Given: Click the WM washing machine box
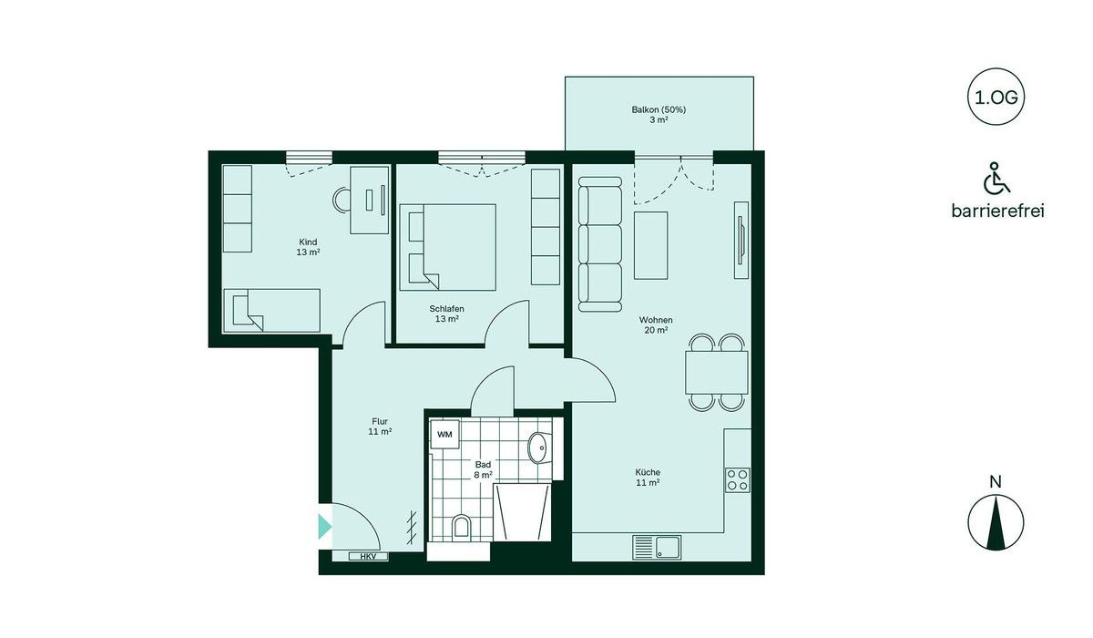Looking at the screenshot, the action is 444,434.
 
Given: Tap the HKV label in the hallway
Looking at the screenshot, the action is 368,557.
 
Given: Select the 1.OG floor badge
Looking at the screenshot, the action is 996,98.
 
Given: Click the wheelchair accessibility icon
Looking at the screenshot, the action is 996,178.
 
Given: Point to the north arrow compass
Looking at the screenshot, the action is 996,522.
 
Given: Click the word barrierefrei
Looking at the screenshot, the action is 998,211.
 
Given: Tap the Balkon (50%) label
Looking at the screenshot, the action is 659,110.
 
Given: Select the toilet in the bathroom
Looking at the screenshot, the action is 461,527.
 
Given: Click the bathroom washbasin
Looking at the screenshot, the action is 538,448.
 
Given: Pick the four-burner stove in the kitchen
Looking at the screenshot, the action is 737,479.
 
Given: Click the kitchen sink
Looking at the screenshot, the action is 657,547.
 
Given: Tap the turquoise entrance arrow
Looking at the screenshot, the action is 324,527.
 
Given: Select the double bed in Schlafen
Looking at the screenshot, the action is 447,248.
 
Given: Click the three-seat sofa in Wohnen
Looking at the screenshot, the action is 599,244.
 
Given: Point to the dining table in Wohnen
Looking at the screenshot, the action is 716,373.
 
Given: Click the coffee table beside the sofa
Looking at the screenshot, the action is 651,245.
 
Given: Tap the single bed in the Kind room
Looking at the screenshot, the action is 271,311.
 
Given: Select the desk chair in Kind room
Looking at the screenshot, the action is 342,200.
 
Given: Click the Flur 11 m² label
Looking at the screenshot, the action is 380,427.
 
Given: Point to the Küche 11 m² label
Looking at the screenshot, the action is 648,478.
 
